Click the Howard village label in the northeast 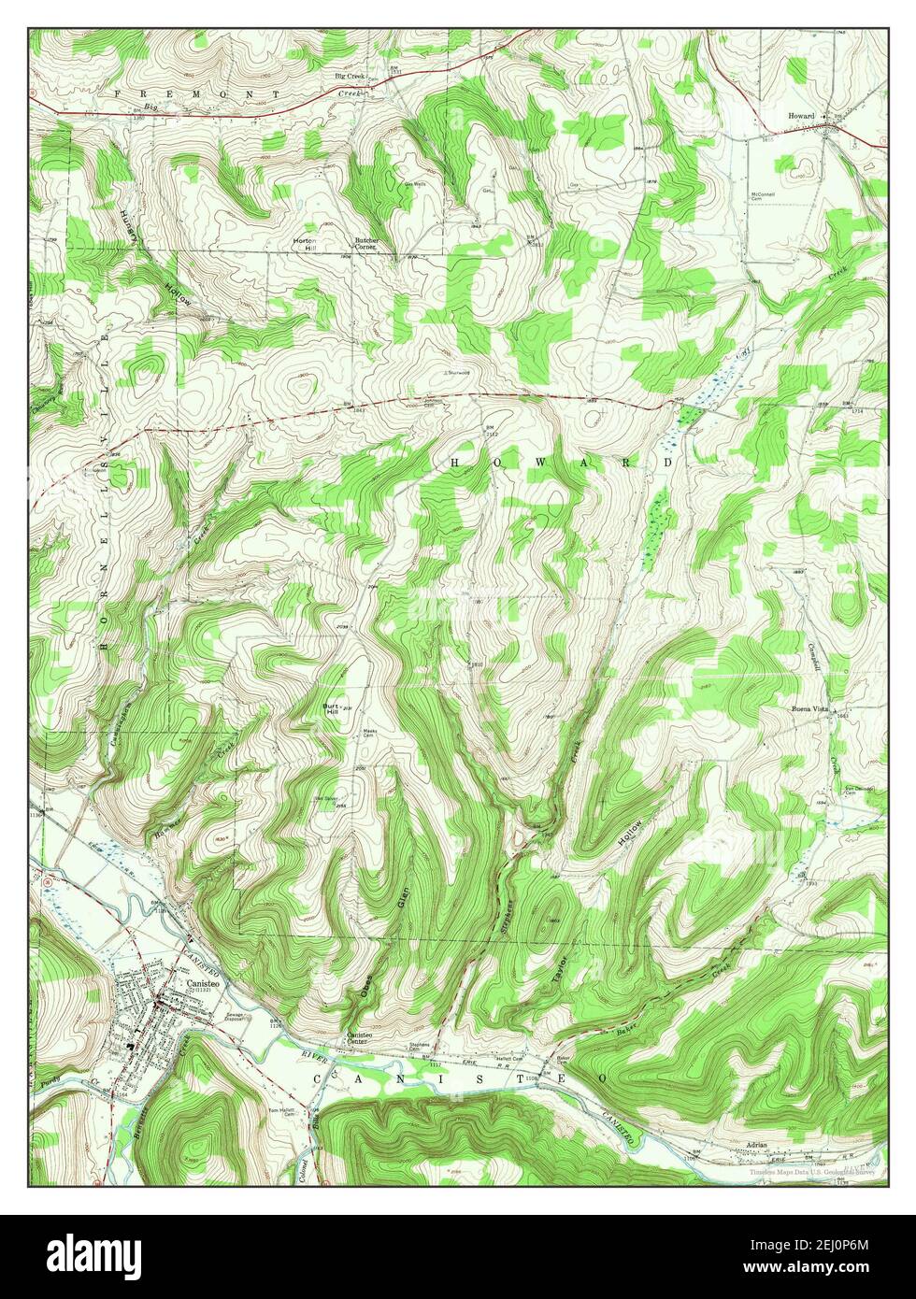(802, 116)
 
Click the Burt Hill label (330, 708)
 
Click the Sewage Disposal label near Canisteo (237, 1017)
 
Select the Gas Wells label (415, 184)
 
